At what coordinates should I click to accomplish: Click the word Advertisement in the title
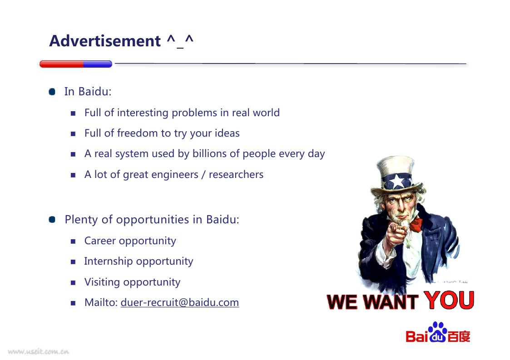(x=105, y=41)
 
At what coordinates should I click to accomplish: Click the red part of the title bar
(x=61, y=64)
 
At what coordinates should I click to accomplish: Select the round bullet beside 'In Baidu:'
(x=52, y=92)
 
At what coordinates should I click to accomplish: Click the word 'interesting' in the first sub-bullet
(x=143, y=113)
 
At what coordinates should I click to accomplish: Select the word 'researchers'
(x=236, y=175)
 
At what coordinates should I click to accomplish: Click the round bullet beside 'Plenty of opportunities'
(x=52, y=220)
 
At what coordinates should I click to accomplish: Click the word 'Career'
(x=100, y=241)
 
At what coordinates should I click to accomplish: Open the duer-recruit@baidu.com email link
(x=180, y=303)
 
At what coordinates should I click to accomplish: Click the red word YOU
(x=449, y=300)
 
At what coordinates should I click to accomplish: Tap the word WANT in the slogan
(x=391, y=302)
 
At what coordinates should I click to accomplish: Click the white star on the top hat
(x=397, y=181)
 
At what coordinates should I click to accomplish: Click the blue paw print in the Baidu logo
(x=438, y=332)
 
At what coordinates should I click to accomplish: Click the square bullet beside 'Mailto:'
(x=73, y=303)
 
